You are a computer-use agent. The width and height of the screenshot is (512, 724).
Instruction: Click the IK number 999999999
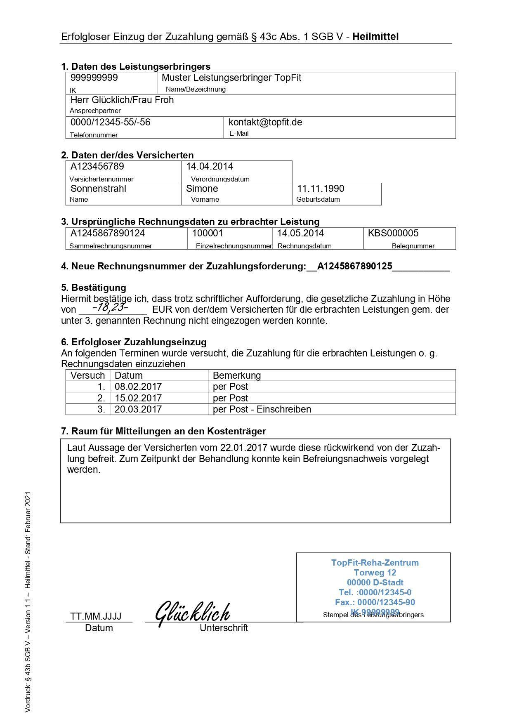coord(94,78)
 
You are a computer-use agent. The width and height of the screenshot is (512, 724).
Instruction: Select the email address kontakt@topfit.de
coord(265,123)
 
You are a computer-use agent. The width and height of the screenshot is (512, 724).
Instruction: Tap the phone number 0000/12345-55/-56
coord(110,123)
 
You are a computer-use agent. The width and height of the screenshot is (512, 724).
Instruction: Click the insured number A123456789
coord(97,167)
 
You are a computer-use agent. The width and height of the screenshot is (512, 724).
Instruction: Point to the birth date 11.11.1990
coord(321,189)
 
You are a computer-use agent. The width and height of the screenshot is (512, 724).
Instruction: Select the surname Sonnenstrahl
coord(98,189)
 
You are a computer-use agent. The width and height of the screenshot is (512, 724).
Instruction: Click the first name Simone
coord(202,189)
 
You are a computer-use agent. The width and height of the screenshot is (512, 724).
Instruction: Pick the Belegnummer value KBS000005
coord(393,233)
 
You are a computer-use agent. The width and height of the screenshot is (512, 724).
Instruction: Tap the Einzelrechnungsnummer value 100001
coord(208,233)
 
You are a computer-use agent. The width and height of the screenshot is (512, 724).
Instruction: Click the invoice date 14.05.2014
coord(300,233)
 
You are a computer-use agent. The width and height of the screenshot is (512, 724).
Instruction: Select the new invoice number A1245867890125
coord(354,266)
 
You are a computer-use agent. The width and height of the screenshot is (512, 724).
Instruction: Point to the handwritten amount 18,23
coord(110,307)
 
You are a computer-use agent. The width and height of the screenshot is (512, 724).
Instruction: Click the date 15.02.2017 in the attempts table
coord(138,399)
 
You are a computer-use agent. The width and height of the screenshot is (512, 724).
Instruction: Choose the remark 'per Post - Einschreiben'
coord(262,410)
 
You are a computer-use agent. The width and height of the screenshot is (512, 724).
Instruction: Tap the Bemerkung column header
coord(237,376)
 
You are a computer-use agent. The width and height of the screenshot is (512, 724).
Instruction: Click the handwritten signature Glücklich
coord(192,613)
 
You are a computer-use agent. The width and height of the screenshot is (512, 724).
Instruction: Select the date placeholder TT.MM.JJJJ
coord(96,617)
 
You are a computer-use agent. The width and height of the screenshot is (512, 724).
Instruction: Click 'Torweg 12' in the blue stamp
coord(375,573)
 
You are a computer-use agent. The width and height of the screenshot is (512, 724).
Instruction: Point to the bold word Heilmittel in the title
coord(375,37)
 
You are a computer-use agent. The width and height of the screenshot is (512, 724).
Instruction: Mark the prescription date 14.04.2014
coord(210,167)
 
